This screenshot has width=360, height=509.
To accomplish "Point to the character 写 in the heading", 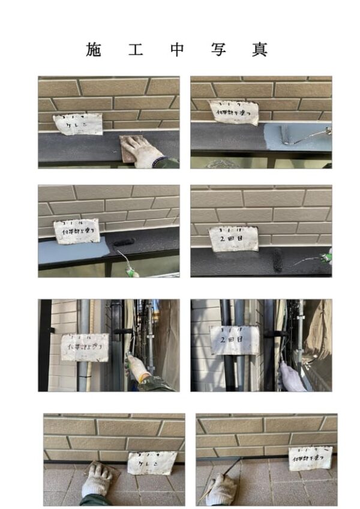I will (218, 50).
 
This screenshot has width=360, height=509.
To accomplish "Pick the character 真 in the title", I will (259, 50).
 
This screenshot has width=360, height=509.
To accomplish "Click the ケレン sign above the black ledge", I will (77, 124).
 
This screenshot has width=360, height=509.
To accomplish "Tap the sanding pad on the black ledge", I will (130, 148).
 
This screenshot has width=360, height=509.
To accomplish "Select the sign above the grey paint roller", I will (233, 112).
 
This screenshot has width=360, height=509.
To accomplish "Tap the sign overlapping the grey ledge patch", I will (77, 231).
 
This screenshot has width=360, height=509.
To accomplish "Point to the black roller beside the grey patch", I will (124, 243).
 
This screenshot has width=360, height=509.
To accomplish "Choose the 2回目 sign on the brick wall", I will (234, 238).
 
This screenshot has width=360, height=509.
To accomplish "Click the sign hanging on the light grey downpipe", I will (85, 348).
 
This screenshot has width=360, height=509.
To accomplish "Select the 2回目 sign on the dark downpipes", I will (234, 340).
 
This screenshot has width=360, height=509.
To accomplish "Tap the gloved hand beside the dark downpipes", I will (293, 377).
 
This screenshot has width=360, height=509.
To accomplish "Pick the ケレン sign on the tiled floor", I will (152, 463).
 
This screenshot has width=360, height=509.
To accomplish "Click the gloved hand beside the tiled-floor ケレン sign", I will (98, 480).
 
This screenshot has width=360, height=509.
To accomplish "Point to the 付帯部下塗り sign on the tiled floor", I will (310, 458).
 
